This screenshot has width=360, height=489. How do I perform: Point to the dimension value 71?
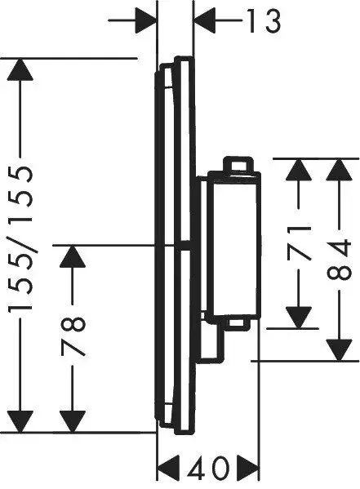coord(301,242)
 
